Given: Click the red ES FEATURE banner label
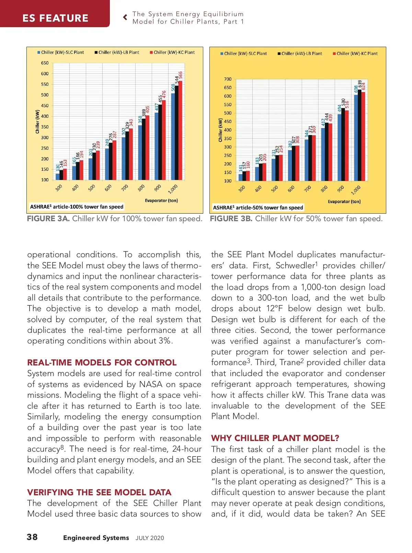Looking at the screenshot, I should coord(55,18).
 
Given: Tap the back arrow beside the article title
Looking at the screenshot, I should coord(125,17).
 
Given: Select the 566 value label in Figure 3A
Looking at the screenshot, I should coord(181,76).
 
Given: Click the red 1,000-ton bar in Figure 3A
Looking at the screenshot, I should coord(180,131).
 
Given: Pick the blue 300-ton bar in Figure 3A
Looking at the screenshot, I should coord(58,177).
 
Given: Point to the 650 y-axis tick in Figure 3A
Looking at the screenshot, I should coord(45,63).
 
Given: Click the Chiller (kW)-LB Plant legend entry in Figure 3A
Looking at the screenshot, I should coord(117,53).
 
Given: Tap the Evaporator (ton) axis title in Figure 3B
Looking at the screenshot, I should coord(344,202).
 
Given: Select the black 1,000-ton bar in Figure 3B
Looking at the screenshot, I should coord(359,135).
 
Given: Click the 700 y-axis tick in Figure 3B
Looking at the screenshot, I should coord(228,79).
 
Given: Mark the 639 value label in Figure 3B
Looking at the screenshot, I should coord(359,84).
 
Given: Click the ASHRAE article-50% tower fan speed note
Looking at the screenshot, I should coord(258,207).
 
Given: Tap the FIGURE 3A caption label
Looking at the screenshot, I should coord(48,219).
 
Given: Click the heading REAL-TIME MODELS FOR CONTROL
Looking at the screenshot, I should coord(102,363).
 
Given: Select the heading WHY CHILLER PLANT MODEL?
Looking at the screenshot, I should coord(275,438).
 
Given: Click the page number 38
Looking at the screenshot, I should coord(32,537).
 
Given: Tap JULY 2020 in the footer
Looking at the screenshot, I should coord(150,538).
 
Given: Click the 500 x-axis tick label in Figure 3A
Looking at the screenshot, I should coord(92,188).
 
